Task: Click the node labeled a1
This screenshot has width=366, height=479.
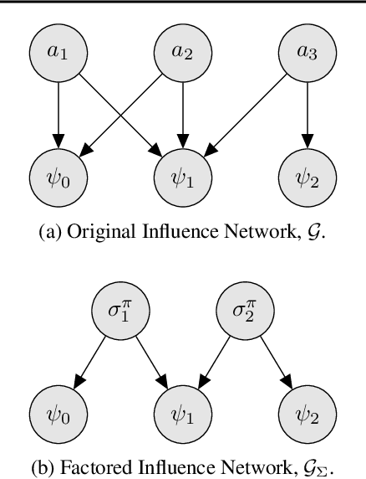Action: coord(57,52)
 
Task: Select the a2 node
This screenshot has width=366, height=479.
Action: coord(182,52)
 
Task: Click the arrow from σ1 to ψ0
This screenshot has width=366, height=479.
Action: coord(89,366)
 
